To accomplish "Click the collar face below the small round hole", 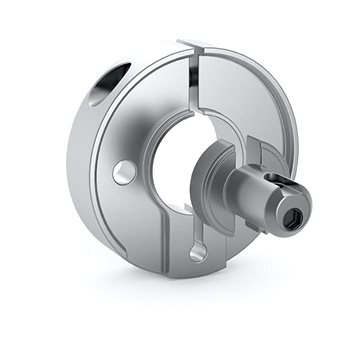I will tap(135, 215).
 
